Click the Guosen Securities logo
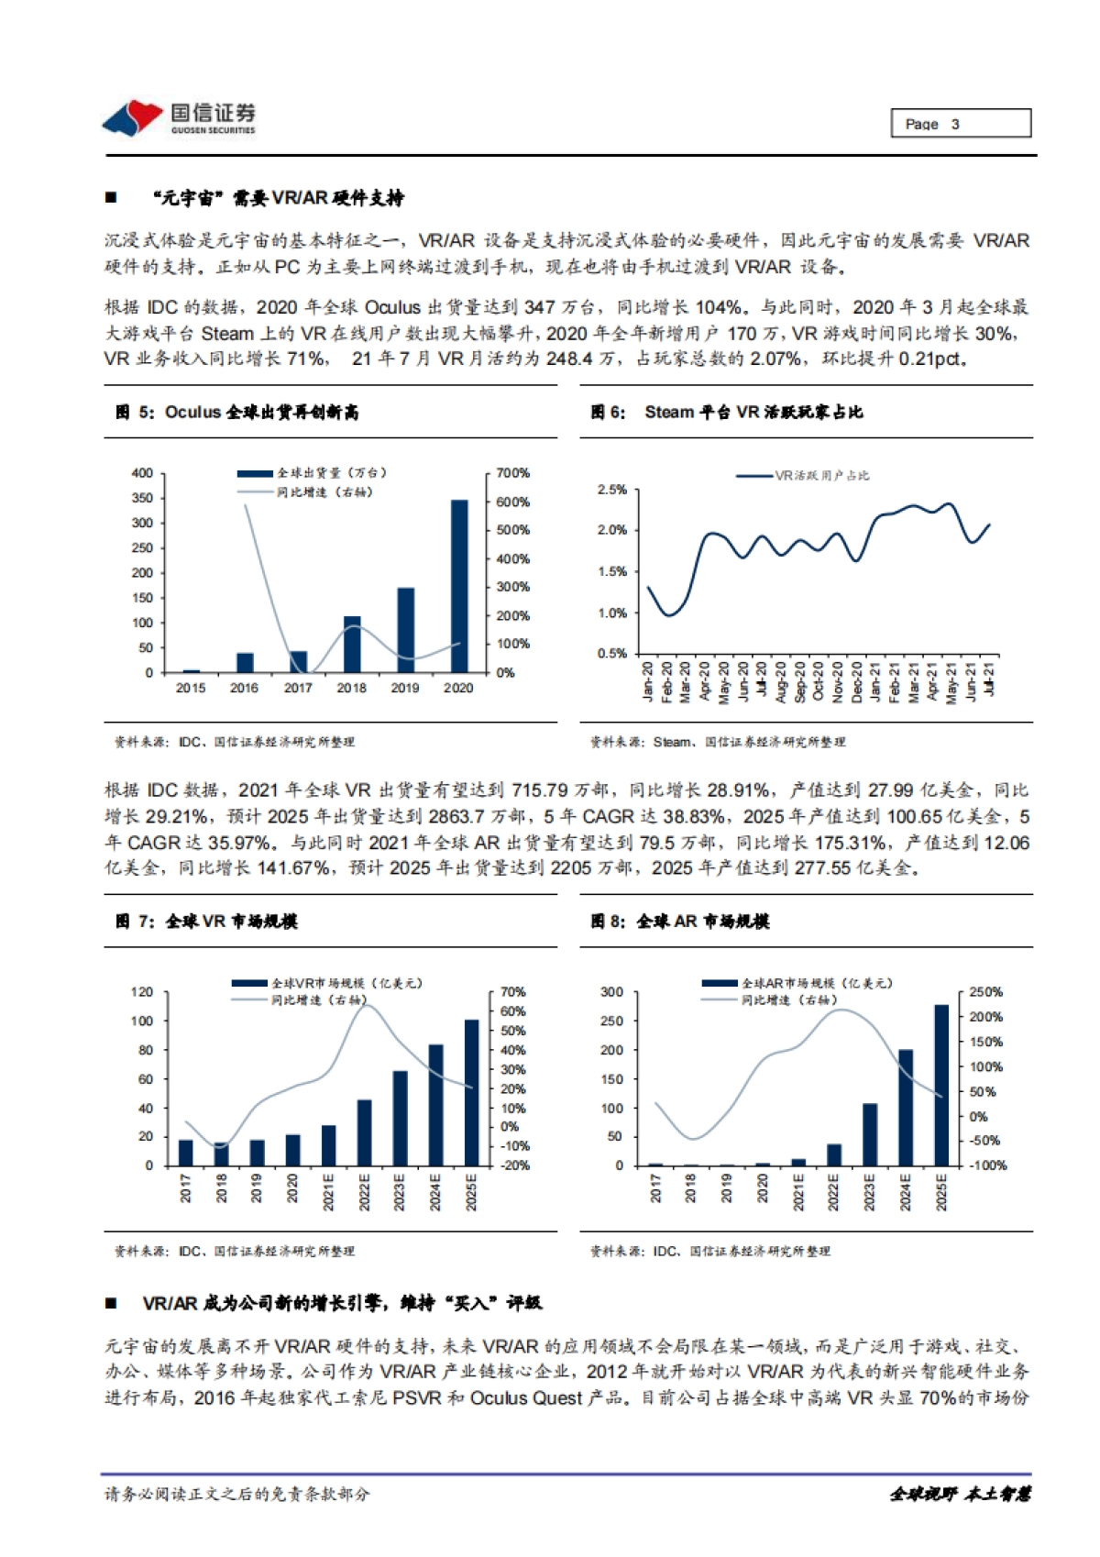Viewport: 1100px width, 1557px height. tap(180, 118)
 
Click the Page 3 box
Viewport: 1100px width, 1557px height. tap(960, 123)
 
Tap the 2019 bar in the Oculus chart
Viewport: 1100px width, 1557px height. tap(405, 630)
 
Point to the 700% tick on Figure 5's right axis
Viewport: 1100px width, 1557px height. tap(512, 473)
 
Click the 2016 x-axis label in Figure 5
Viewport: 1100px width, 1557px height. tap(244, 688)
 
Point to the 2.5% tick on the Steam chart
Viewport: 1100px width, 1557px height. tap(612, 490)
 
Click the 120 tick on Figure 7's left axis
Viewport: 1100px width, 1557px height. tap(142, 992)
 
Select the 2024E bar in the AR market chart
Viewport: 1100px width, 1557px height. tap(906, 1108)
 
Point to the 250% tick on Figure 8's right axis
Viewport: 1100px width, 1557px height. tap(986, 992)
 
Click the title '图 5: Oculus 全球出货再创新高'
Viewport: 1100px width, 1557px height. tap(237, 413)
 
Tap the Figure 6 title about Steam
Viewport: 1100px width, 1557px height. tap(727, 413)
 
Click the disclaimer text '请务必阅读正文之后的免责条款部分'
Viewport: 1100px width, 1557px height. tap(237, 1494)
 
